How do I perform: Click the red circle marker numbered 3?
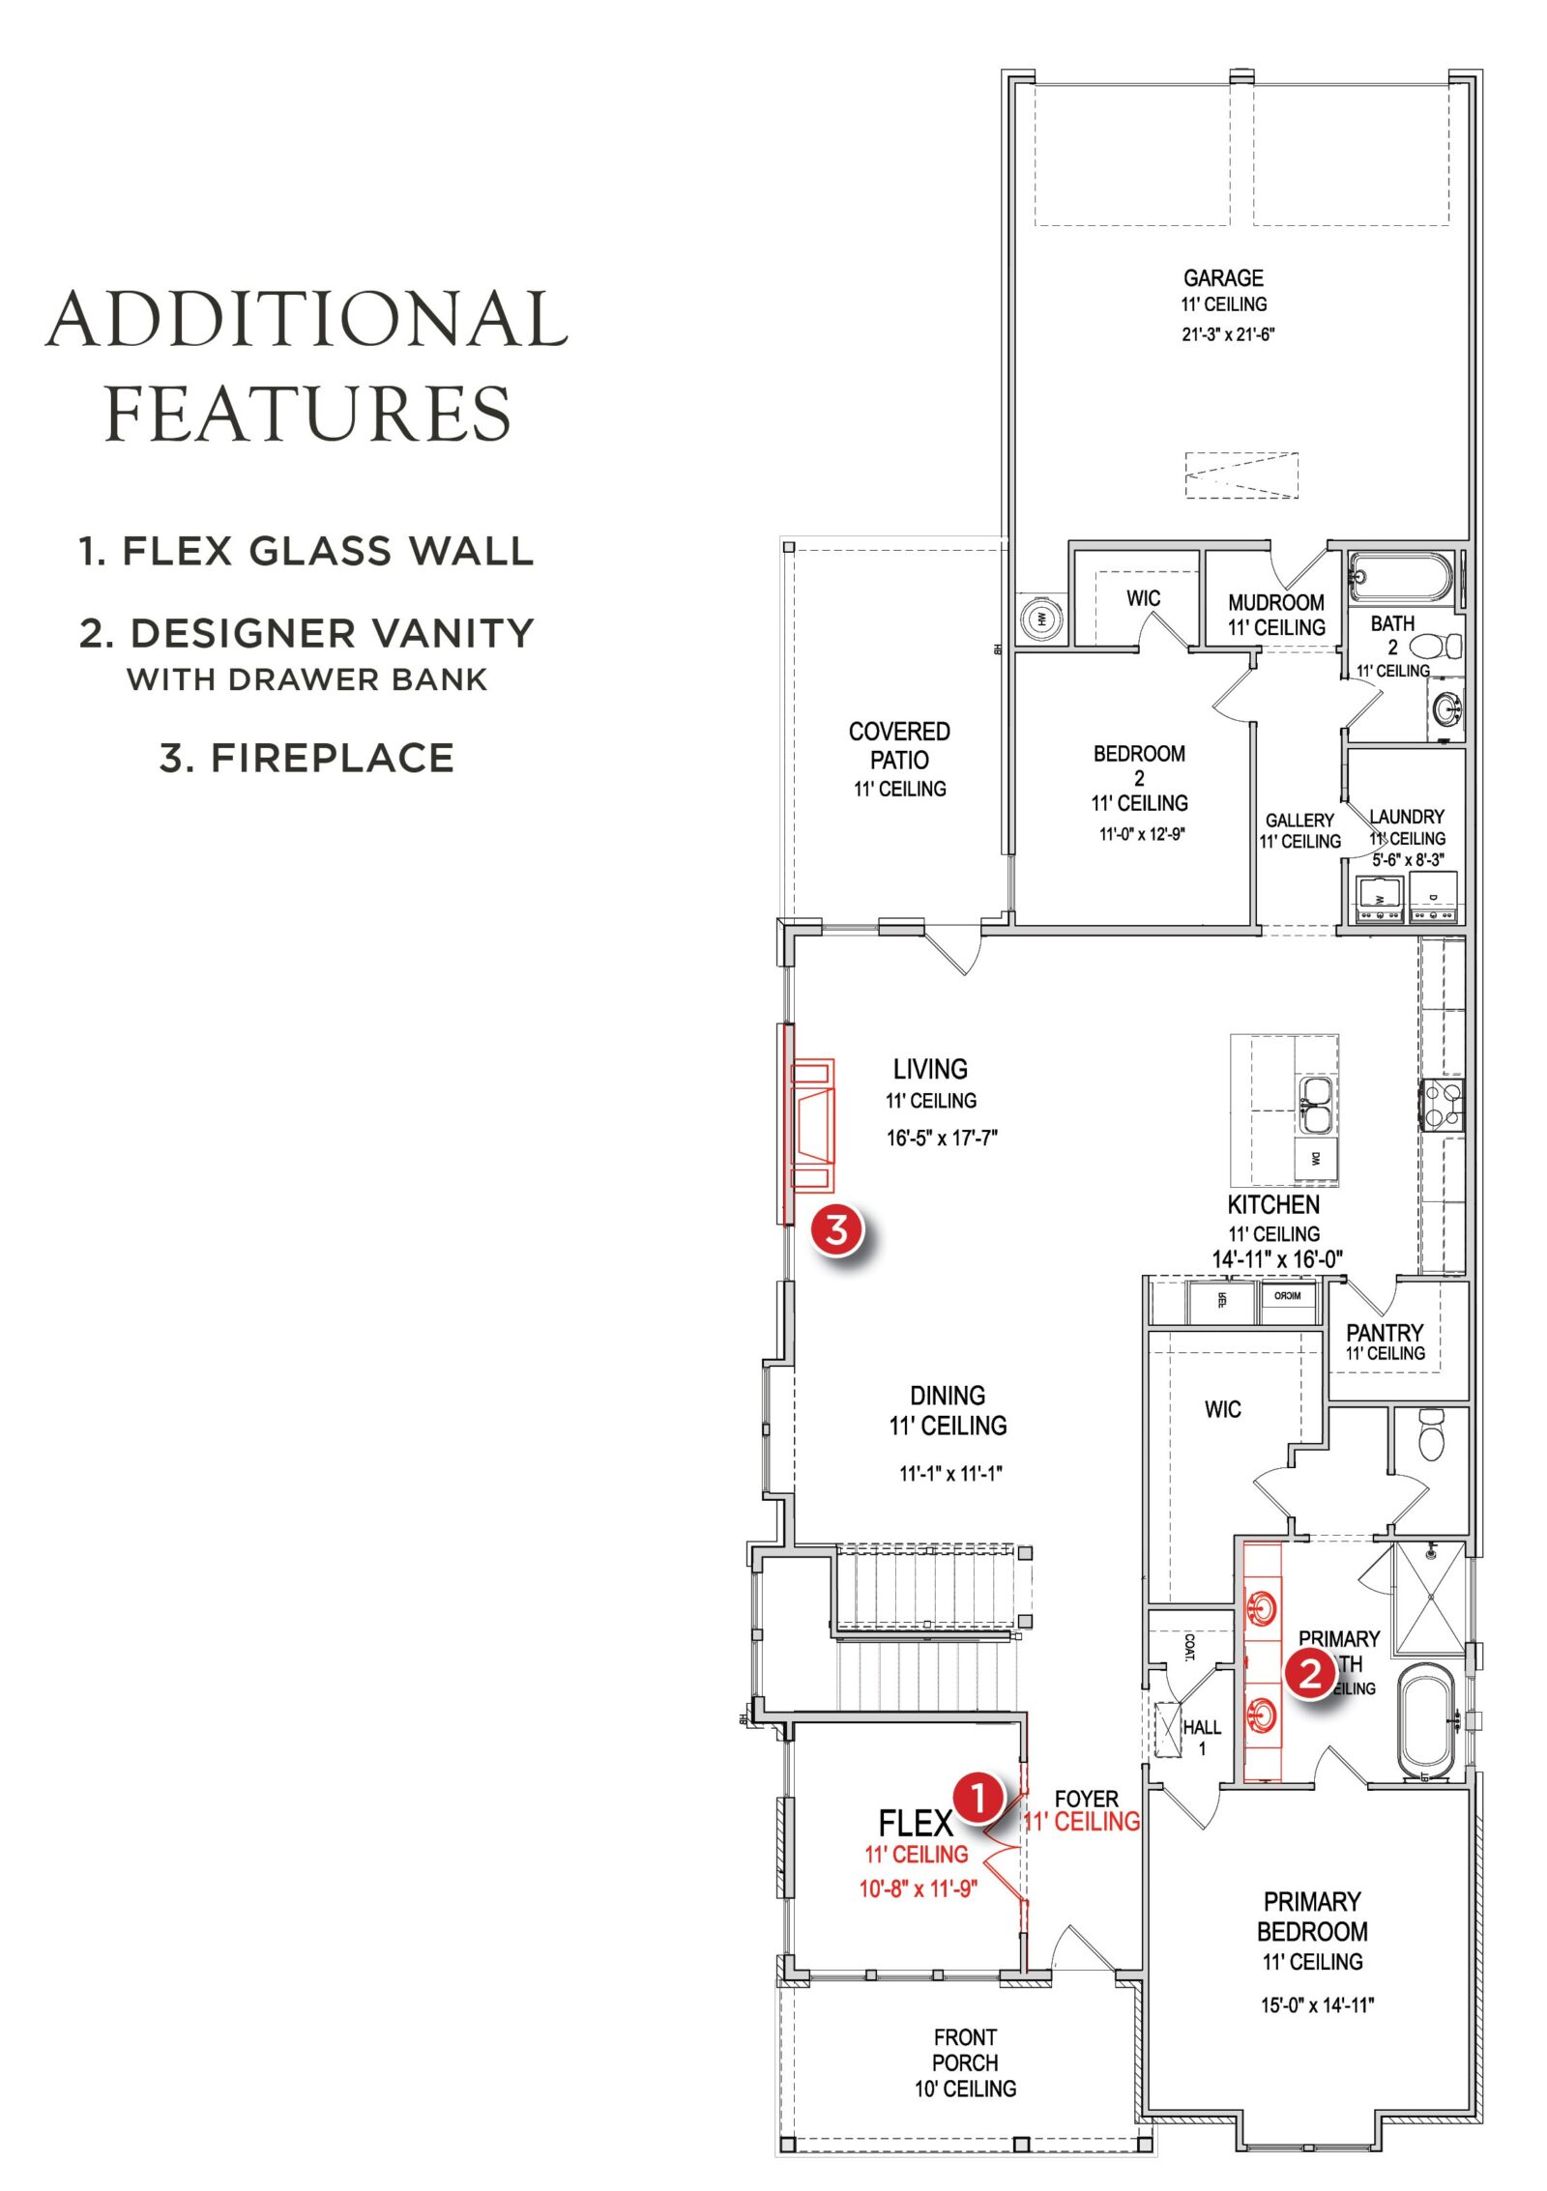[836, 1230]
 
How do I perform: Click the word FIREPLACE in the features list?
[332, 758]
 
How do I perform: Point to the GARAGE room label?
[1223, 278]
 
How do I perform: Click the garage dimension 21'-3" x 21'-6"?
[1228, 334]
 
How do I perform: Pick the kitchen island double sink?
[1314, 1105]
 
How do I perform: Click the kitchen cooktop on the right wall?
[1441, 1105]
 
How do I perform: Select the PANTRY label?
[1385, 1333]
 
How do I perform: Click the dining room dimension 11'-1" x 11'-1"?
[950, 1474]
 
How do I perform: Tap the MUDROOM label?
[1275, 603]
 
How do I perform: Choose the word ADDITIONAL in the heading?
[307, 321]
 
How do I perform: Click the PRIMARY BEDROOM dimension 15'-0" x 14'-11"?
[1316, 2005]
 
